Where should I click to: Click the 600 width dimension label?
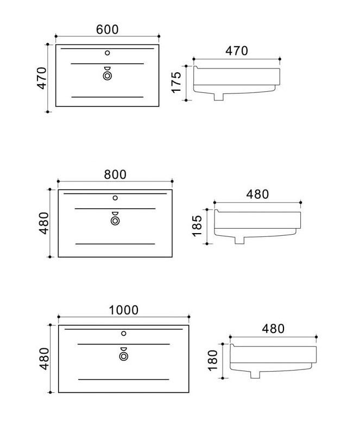[107, 29]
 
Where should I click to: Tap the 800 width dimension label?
[115, 174]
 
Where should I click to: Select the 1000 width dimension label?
[123, 310]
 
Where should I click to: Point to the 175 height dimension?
[176, 83]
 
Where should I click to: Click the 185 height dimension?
[197, 226]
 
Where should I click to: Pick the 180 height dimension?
[213, 361]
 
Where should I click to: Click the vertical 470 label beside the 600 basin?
[42, 78]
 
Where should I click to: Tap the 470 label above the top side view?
[237, 51]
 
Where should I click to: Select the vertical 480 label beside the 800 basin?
[44, 223]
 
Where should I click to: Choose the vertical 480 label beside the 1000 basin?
[44, 359]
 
